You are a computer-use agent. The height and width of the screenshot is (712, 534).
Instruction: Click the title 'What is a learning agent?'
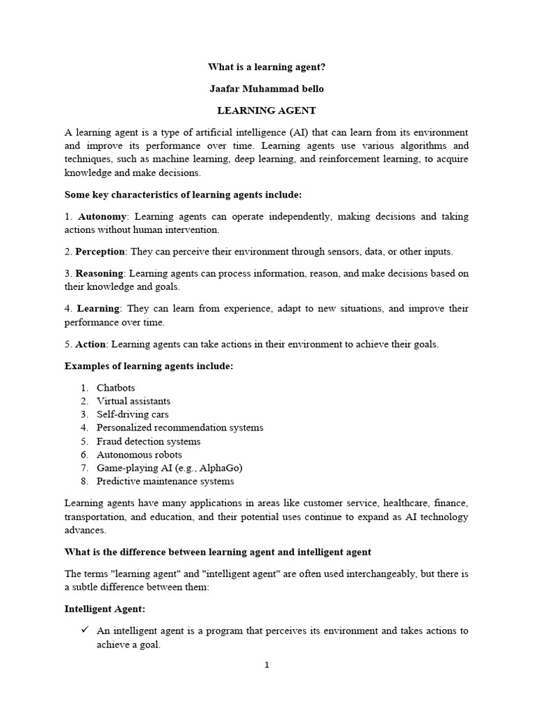pyautogui.click(x=267, y=67)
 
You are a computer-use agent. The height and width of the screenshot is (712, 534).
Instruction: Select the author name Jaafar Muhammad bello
pyautogui.click(x=267, y=88)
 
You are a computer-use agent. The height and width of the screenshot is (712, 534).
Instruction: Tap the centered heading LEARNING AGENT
pyautogui.click(x=267, y=110)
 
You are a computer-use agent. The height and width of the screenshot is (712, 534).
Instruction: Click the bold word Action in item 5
pyautogui.click(x=90, y=343)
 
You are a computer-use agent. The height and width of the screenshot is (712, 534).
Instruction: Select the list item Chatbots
pyautogui.click(x=116, y=387)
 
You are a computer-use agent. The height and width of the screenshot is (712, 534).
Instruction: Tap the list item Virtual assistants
pyautogui.click(x=133, y=400)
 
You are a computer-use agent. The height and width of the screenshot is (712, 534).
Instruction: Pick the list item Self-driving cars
pyautogui.click(x=133, y=414)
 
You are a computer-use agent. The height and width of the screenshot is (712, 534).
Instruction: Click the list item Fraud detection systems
pyautogui.click(x=149, y=441)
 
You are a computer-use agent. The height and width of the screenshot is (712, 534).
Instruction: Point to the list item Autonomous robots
pyautogui.click(x=139, y=454)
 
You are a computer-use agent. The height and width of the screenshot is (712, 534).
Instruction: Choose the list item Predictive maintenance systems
pyautogui.click(x=165, y=481)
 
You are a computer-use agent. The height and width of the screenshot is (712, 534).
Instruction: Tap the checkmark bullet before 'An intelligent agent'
pyautogui.click(x=85, y=631)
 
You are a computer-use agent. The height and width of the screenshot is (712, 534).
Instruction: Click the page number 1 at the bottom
pyautogui.click(x=266, y=665)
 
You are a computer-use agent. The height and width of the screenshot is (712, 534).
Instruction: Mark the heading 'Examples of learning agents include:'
pyautogui.click(x=149, y=366)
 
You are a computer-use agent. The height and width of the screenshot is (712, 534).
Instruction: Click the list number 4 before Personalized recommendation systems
pyautogui.click(x=83, y=428)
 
